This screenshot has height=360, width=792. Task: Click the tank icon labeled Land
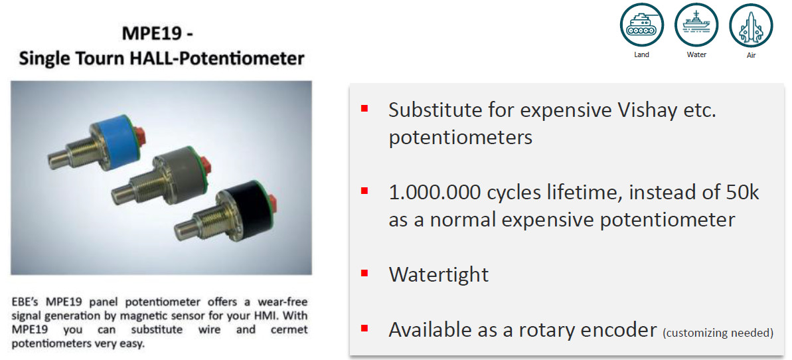641,25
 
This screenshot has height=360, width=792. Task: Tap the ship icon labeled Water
696,25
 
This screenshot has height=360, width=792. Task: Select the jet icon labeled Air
751,25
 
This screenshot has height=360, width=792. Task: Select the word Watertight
438,274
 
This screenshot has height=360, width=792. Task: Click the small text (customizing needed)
717,333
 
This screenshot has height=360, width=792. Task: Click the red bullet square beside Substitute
364,109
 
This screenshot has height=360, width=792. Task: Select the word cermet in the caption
290,331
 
